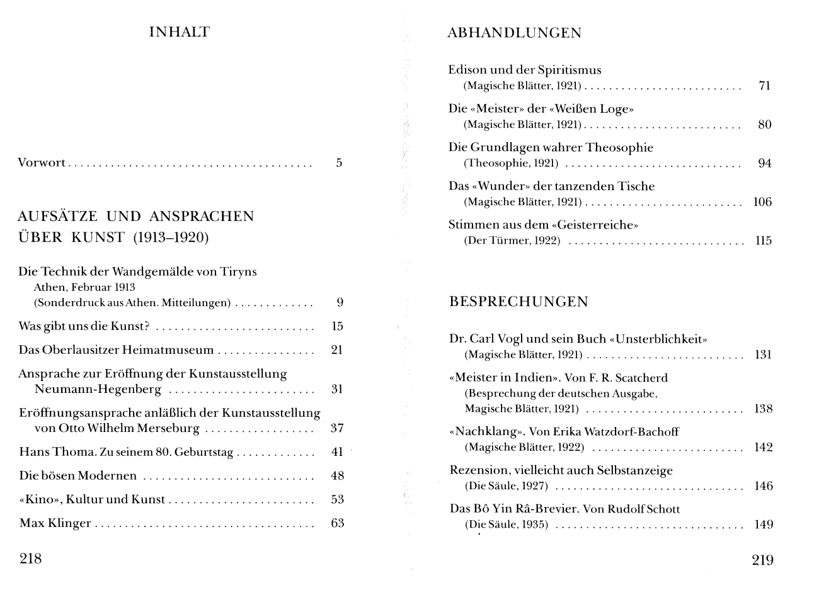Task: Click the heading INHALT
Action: pos(179,32)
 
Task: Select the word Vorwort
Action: pos(42,163)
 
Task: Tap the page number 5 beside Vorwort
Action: pos(339,163)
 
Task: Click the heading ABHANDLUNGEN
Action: pos(514,33)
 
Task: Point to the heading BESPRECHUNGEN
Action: pos(518,302)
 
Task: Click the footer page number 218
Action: pos(31,558)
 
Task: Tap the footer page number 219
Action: pos(762,560)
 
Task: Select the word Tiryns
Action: pos(238,272)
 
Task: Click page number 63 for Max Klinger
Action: pos(338,523)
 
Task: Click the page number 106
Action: pos(762,202)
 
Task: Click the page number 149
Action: pos(764,525)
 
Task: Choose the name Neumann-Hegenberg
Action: pos(98,389)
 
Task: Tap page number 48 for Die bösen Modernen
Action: pos(338,476)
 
